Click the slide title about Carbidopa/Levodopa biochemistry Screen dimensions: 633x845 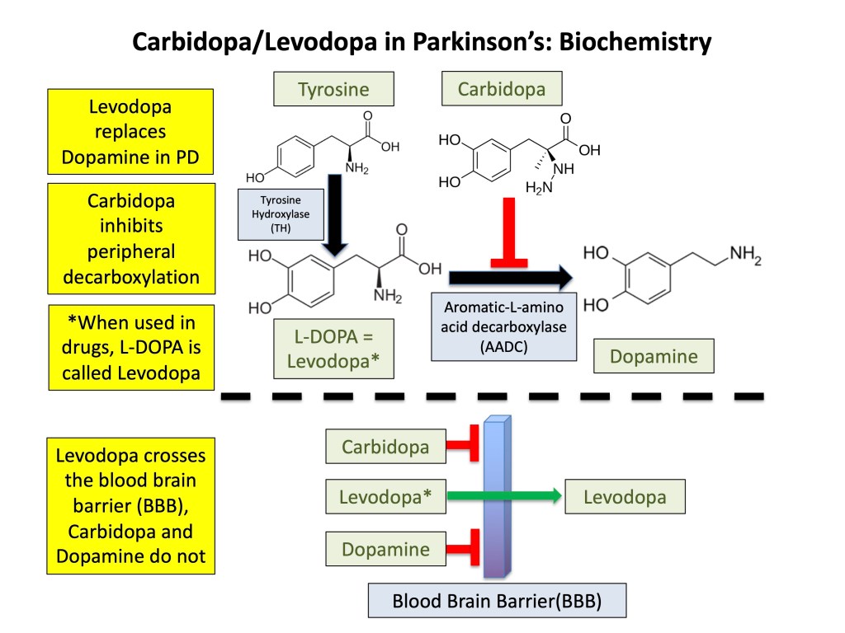pos(422,41)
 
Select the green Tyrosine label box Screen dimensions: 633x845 pos(333,89)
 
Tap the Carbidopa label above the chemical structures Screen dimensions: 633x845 pos(501,89)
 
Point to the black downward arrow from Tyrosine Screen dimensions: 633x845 pos(334,213)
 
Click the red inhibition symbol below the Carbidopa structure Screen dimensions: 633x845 pos(503,239)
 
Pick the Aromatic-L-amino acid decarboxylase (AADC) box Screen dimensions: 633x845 pos(503,326)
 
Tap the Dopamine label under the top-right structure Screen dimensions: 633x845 pos(654,357)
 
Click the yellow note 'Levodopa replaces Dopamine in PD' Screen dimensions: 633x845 pos(130,132)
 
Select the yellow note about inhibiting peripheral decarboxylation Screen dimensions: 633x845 pos(130,238)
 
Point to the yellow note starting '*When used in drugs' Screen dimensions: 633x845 pos(130,348)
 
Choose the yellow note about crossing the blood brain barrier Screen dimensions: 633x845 pos(130,505)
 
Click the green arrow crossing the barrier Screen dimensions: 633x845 pos(503,496)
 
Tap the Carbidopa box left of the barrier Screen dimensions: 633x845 pos(385,448)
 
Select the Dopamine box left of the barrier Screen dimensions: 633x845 pos(385,549)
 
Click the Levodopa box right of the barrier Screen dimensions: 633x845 pos(625,497)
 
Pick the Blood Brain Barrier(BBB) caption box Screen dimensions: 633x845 pos(497,601)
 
